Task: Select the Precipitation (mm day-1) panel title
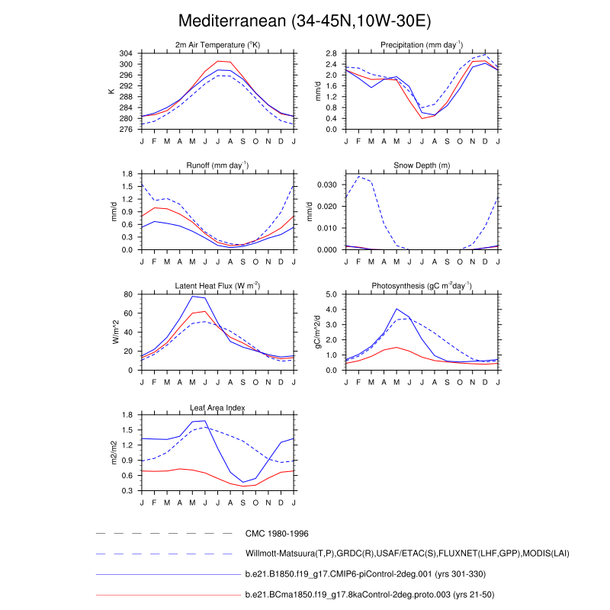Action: [422, 45]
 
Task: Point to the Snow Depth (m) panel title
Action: [422, 165]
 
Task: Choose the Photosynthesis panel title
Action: [422, 286]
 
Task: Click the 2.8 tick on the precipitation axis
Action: [332, 53]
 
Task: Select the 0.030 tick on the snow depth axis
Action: [326, 185]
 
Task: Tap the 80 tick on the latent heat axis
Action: [130, 294]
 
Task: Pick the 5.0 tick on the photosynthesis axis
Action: [332, 294]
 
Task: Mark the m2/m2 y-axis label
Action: [113, 453]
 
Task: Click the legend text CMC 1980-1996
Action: [275, 534]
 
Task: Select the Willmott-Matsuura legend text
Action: [407, 554]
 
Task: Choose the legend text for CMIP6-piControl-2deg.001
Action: [365, 573]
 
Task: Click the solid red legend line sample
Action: [164, 594]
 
